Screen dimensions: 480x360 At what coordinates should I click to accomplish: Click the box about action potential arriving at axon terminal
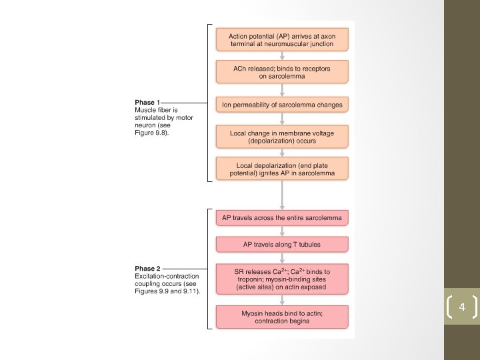coord(282,39)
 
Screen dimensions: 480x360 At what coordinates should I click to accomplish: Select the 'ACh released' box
coord(282,71)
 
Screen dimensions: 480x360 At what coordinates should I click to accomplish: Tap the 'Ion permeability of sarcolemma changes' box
coord(282,105)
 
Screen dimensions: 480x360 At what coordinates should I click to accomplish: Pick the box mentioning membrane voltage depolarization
coord(282,137)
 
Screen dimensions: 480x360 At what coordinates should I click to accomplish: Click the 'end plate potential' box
coord(282,169)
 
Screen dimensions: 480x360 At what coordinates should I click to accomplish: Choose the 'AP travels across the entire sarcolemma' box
coord(282,218)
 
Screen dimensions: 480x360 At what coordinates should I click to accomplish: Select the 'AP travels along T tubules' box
coord(282,244)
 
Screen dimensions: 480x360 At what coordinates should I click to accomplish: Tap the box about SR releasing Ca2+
coord(282,279)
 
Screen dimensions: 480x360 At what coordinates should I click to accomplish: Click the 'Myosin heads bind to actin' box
coord(282,317)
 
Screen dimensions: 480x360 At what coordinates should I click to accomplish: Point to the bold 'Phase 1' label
coord(147,103)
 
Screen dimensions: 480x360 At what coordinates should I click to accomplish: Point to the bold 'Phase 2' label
coord(147,269)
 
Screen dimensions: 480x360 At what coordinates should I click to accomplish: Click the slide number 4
coord(462,307)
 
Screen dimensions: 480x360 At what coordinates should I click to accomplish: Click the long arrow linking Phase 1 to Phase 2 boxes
coord(282,195)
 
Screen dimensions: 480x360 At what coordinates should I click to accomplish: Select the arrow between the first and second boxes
coord(282,55)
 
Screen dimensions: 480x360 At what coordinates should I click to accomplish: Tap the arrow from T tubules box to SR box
coord(282,258)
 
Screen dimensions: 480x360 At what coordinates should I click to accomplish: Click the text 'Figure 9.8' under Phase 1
coord(151,133)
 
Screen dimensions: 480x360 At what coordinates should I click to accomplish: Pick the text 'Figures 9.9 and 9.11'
coord(167,291)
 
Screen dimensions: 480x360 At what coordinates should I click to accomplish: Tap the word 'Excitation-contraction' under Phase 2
coord(167,276)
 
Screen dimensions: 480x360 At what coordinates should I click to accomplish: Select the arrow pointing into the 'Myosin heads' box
coord(282,300)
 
